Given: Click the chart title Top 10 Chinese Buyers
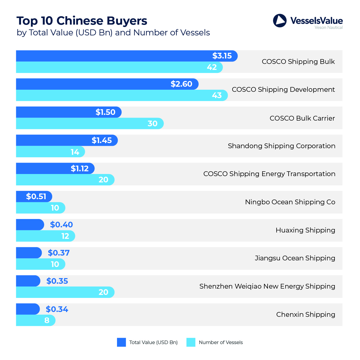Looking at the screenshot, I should [x=82, y=21].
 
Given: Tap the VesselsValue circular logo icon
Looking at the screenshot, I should [x=280, y=21].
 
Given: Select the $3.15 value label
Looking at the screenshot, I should [x=222, y=56].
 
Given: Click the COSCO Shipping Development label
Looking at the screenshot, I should [x=283, y=89].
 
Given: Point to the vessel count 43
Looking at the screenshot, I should [x=217, y=95].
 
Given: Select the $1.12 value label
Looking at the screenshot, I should [x=79, y=169].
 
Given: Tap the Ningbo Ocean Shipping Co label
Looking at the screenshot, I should [x=290, y=202].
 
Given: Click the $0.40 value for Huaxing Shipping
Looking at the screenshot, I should [x=61, y=225].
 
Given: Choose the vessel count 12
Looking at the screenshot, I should [x=65, y=236].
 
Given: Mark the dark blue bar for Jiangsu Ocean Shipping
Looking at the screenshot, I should [x=28, y=253].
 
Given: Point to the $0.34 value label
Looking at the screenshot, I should [x=57, y=309].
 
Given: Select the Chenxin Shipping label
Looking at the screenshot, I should [x=305, y=314].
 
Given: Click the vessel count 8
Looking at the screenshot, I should [x=47, y=320].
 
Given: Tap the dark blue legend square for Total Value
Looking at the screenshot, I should [x=121, y=342].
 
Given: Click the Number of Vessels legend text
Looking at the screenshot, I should [x=221, y=342].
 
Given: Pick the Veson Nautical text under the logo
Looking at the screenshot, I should [x=328, y=28].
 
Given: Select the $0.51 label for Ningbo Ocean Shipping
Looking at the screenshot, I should [x=36, y=196].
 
